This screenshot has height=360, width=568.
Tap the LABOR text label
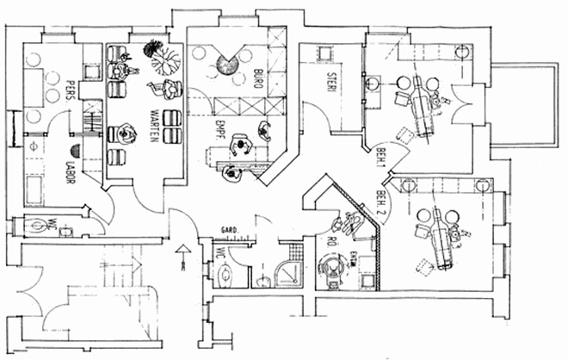pyautogui.click(x=72, y=158)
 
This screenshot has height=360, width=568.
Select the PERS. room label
pyautogui.click(x=71, y=90)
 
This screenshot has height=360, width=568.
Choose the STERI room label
pyautogui.click(x=330, y=83)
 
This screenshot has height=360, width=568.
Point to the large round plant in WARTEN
pyautogui.click(x=163, y=59)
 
